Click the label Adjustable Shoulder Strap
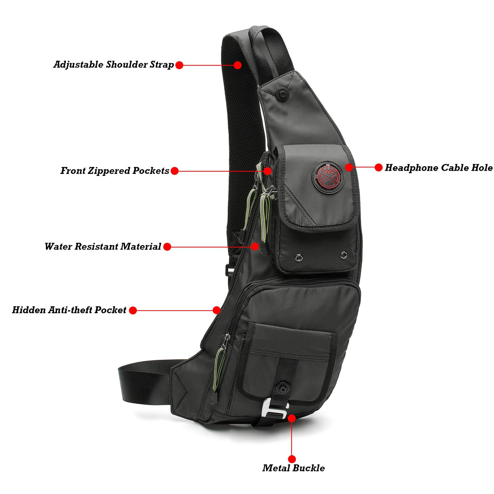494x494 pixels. [113, 65]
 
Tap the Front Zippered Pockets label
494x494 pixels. [115, 171]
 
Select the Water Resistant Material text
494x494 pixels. [103, 246]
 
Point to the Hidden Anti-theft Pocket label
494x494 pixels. [69, 310]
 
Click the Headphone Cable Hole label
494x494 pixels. [438, 168]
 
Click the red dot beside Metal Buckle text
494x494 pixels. [292, 458]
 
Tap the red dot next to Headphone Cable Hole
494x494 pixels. [378, 167]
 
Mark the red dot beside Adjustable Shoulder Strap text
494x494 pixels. [179, 65]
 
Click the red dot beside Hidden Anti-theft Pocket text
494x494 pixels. [133, 311]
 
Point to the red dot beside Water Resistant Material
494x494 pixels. [167, 247]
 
